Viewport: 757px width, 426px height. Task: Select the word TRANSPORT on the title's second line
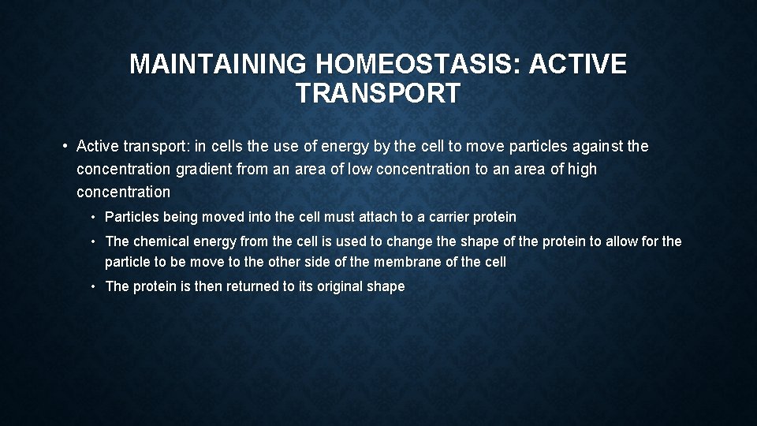[x=378, y=94]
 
